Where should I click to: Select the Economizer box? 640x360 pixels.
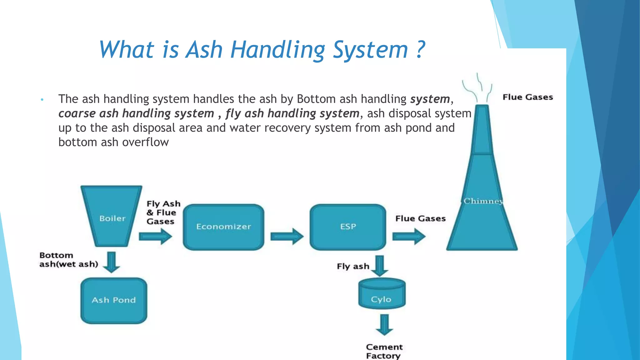point(223,227)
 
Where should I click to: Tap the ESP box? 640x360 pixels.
point(348,227)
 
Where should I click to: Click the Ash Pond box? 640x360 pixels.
point(114,300)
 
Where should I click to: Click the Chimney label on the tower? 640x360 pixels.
point(483,201)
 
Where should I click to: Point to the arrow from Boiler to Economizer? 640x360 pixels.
point(155,236)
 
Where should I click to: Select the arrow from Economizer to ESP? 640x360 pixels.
point(287,236)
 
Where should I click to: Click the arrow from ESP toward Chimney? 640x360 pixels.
point(409,236)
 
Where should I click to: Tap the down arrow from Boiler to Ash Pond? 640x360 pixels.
point(112,262)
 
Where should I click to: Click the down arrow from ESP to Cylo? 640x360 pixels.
point(380,266)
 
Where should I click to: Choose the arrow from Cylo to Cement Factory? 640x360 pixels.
point(384,325)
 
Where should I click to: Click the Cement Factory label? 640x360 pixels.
point(384,351)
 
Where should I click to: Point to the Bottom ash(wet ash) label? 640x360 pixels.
point(68,260)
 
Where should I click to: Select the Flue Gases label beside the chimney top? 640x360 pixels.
point(527,97)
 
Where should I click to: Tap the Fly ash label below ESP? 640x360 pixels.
point(353,266)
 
